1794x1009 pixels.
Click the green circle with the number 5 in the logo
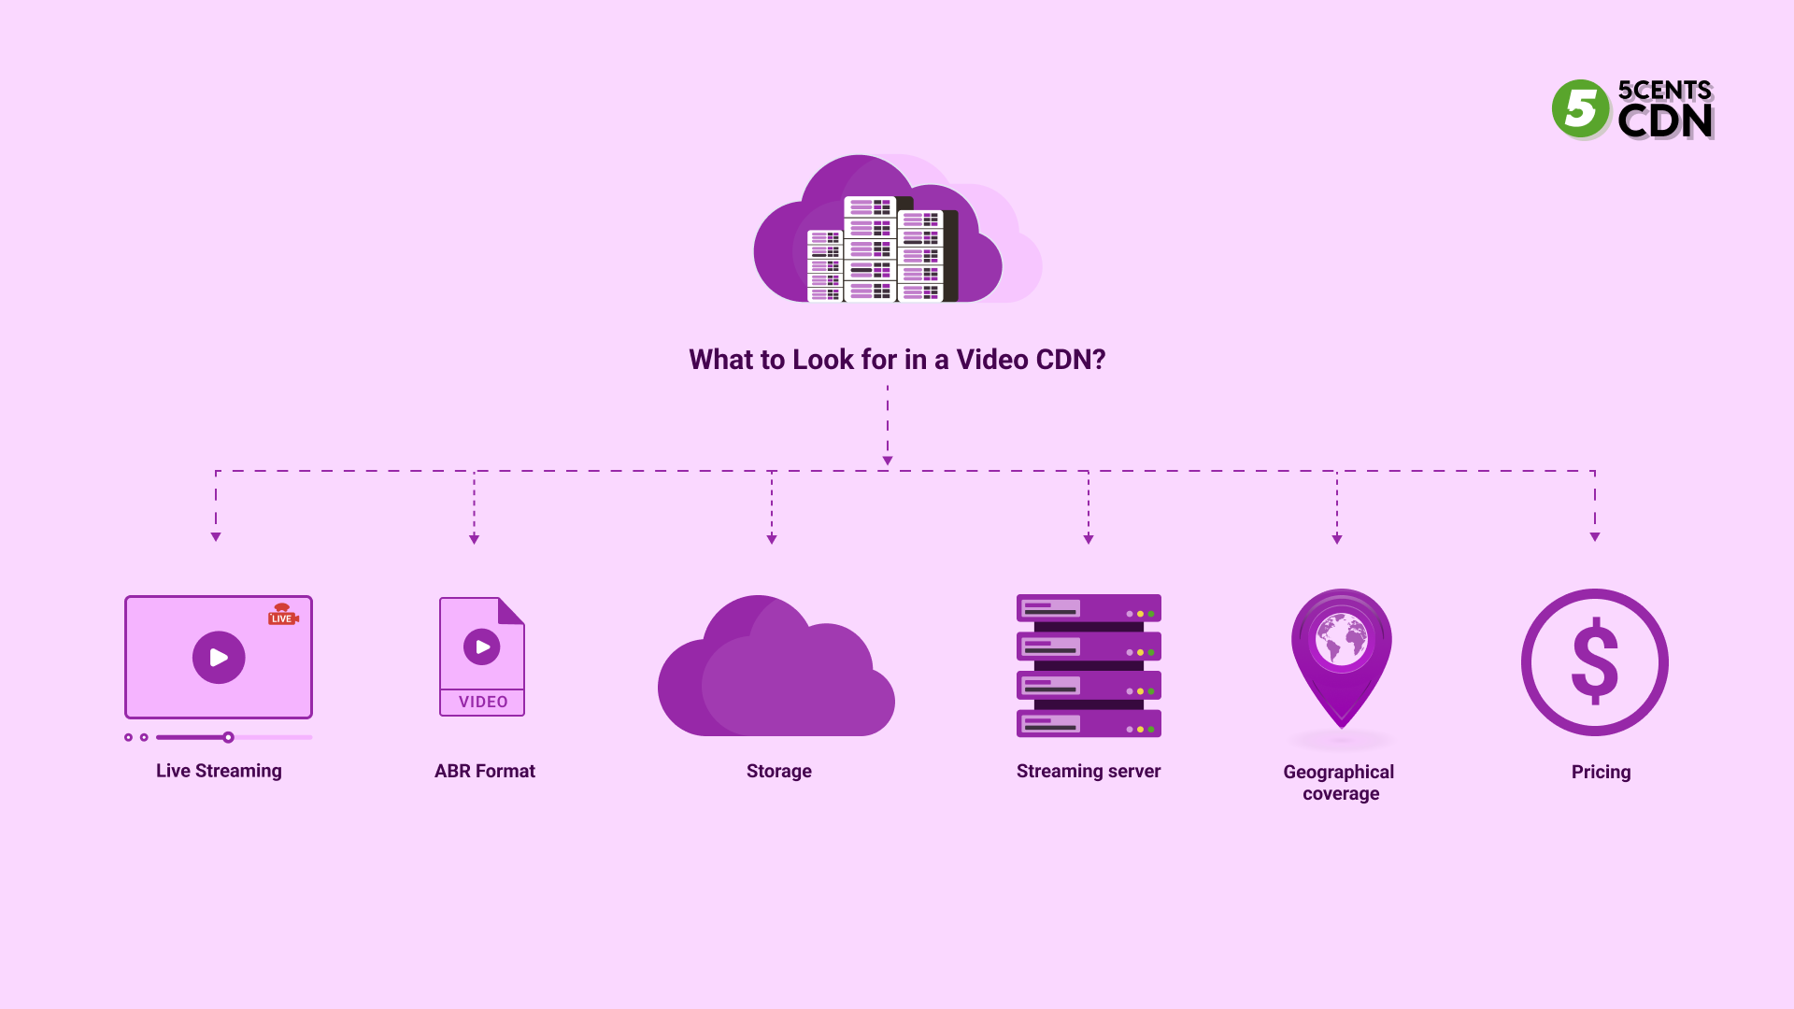tap(1580, 109)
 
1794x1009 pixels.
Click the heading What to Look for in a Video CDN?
tap(897, 360)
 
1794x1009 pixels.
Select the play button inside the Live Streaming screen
tap(219, 658)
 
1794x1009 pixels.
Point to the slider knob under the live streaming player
tap(228, 737)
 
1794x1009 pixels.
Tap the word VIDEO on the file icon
tap(483, 702)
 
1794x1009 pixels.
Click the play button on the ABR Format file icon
tap(482, 647)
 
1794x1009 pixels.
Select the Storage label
tap(778, 772)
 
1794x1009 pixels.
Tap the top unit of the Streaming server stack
tap(1089, 609)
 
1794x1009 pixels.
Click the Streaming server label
tap(1089, 772)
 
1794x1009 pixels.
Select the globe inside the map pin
tap(1342, 639)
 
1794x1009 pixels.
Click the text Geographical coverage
tap(1339, 783)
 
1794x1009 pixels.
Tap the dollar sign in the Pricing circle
tap(1595, 661)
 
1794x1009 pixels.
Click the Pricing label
tap(1601, 773)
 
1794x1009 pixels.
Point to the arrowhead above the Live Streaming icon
tap(216, 537)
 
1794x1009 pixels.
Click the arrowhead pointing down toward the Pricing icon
tap(1595, 537)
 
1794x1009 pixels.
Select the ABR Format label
tap(484, 772)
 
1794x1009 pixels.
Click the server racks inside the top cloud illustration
tap(878, 250)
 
